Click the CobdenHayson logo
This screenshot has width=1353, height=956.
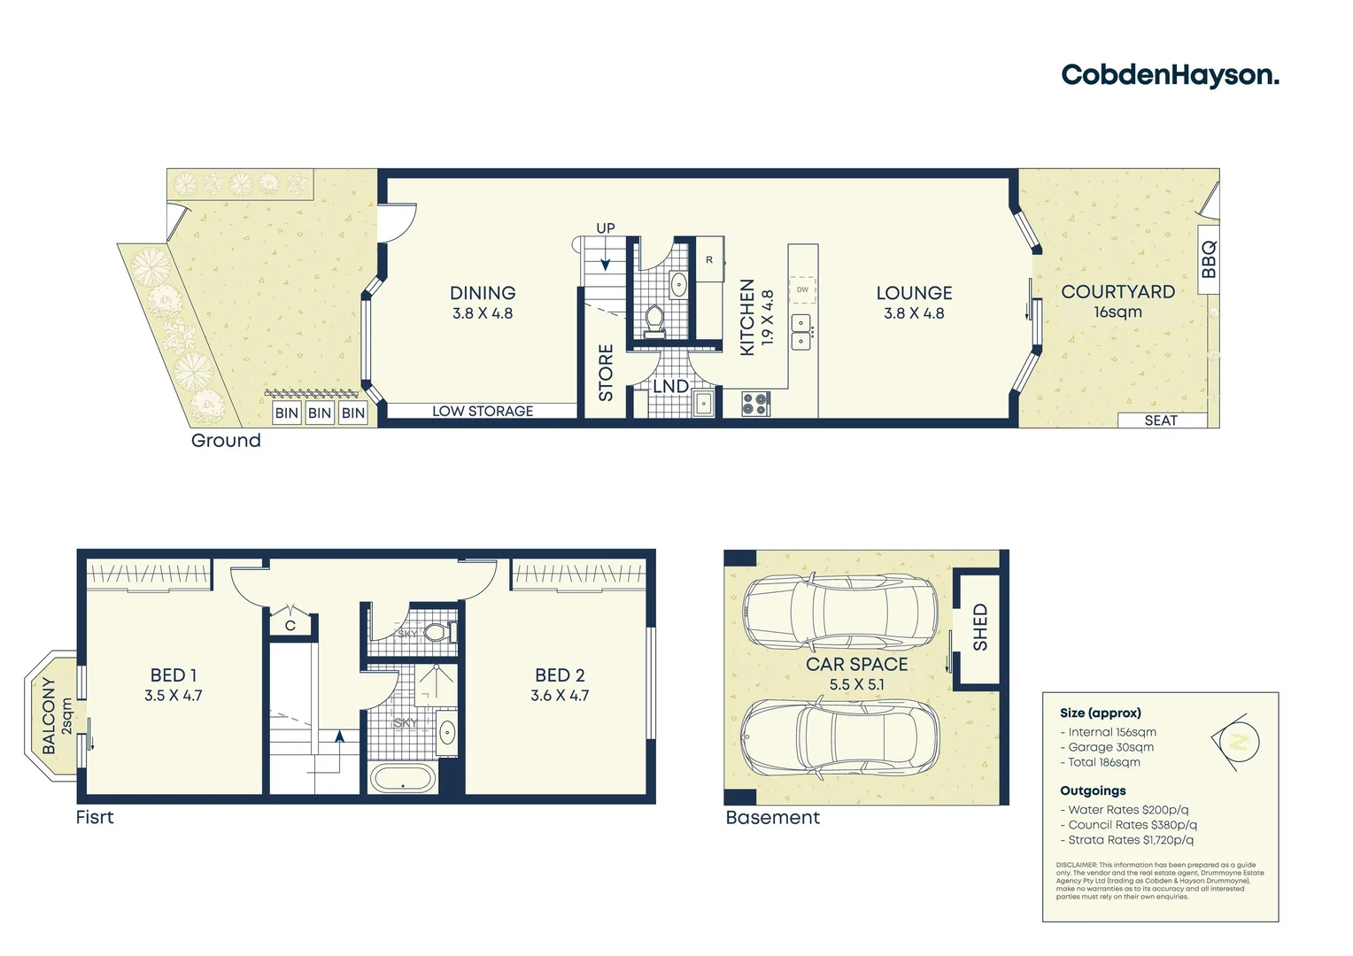pos(1170,75)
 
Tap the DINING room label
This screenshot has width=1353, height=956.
pos(483,293)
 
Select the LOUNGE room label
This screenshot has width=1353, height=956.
pos(914,293)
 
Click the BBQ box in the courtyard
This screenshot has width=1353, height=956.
pos(1209,259)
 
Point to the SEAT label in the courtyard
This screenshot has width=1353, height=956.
pos(1161,420)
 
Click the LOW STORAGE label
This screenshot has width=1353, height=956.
pos(483,411)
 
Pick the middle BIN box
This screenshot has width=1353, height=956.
pos(320,412)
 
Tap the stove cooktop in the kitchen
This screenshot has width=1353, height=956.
pos(755,404)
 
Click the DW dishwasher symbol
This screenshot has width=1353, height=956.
pos(802,289)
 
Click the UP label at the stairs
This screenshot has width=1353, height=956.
pos(606,228)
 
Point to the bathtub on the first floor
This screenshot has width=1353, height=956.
pos(403,780)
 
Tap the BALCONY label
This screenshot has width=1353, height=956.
pos(49,716)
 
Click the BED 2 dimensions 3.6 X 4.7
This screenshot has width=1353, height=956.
pos(560,696)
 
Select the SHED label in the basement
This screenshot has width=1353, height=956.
pos(980,627)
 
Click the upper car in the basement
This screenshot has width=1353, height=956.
pos(839,612)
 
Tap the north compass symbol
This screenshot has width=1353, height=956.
pos(1237,741)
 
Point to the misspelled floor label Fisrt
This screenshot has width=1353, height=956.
pos(95,817)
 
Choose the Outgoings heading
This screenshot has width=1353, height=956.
pos(1093,790)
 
